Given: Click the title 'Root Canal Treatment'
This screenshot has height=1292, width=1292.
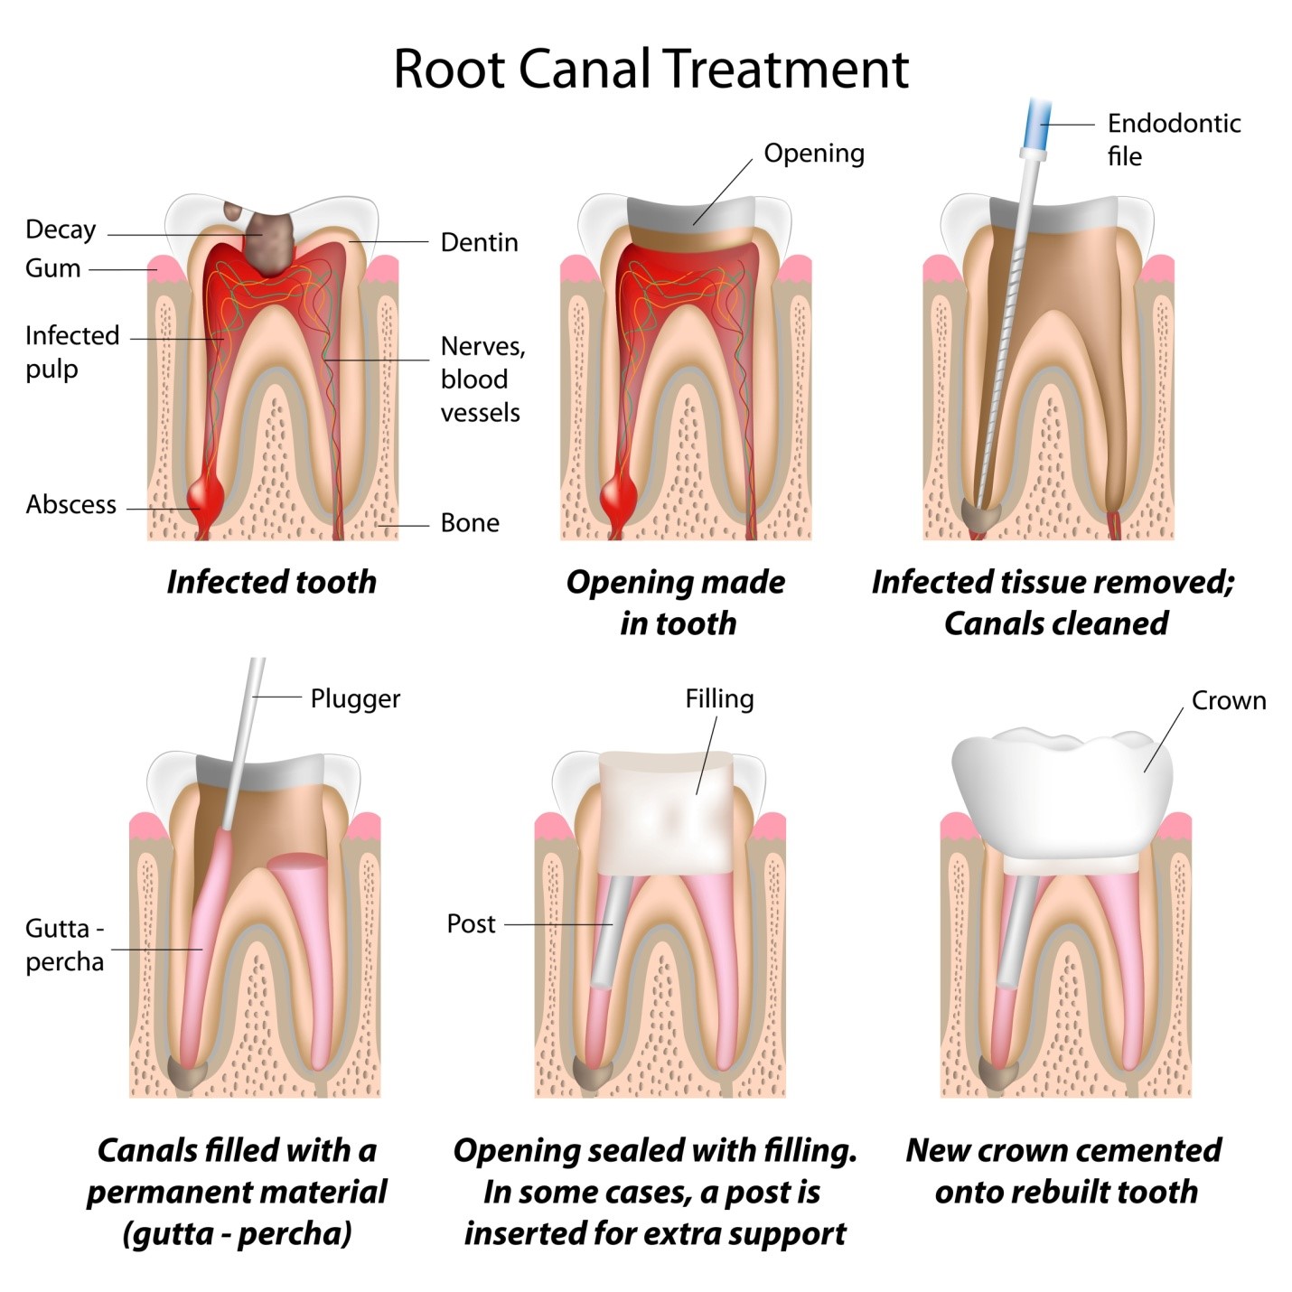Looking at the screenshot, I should (651, 69).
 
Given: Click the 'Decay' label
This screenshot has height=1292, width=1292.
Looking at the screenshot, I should (60, 229).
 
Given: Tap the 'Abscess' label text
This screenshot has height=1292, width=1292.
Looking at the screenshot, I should (70, 504).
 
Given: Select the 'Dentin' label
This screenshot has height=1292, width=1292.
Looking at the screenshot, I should (479, 242).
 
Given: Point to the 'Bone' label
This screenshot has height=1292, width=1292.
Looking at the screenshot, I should (470, 523).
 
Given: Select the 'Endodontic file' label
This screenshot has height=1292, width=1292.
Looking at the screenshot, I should (1172, 139).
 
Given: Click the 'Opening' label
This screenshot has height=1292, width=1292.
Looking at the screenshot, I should (813, 154).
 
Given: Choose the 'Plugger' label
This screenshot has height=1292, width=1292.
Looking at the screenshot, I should (354, 698).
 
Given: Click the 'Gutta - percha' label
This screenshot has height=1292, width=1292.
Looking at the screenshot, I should (64, 944).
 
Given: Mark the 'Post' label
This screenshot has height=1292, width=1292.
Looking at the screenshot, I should (471, 923).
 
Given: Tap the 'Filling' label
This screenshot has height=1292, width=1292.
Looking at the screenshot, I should (719, 698).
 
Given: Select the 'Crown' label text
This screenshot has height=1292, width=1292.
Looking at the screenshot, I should (1228, 700).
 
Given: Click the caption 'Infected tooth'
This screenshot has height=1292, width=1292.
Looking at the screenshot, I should (271, 582).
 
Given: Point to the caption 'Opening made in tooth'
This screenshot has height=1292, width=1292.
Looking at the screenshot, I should (676, 602).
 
